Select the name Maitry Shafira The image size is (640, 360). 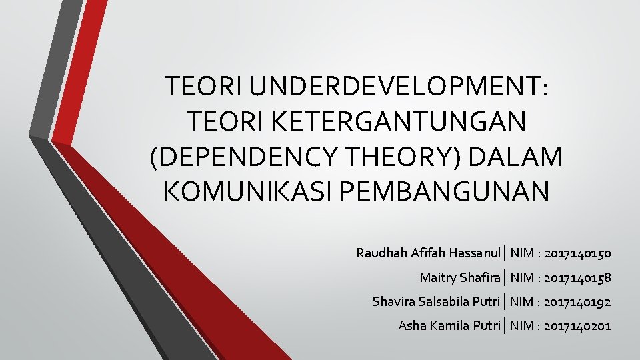[460, 277]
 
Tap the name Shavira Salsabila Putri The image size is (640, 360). [436, 301]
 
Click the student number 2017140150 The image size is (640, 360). [577, 253]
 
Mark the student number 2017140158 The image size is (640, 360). [577, 277]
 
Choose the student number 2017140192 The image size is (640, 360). [577, 301]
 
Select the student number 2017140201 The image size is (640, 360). [577, 325]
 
